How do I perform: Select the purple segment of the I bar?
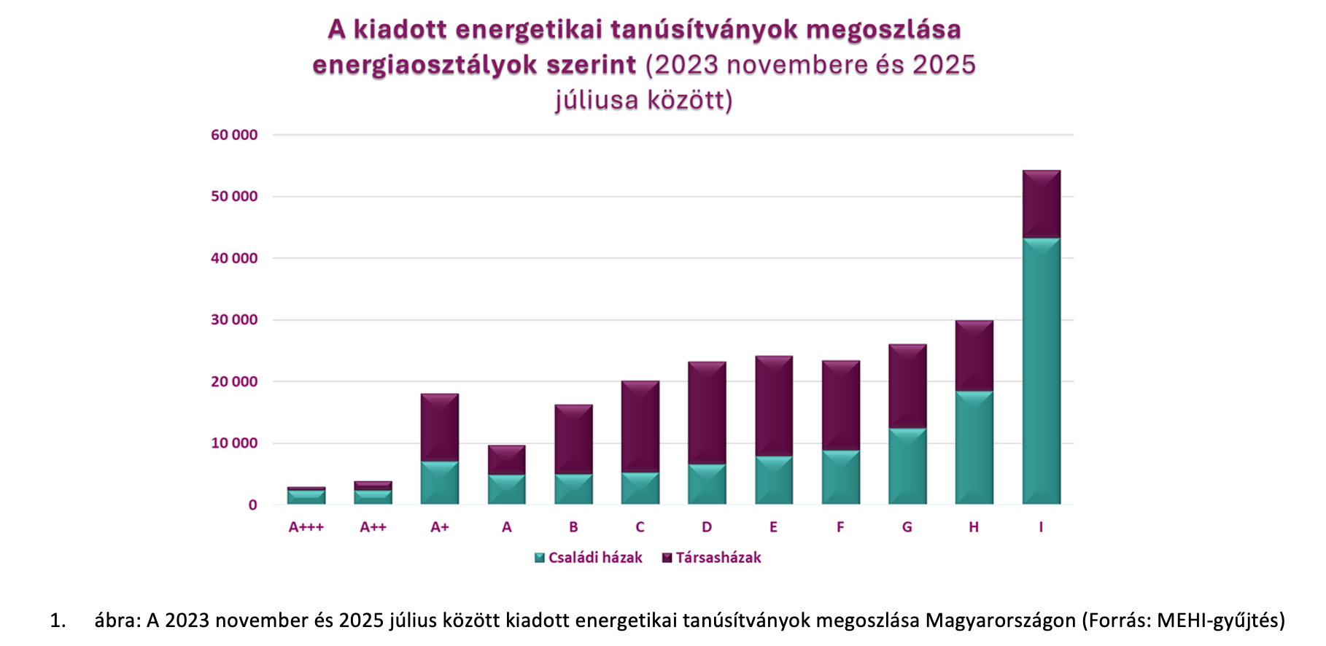[x=1041, y=204]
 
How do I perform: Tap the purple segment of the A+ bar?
[x=440, y=427]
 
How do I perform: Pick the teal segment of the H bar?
[x=974, y=448]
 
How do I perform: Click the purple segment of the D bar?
[x=707, y=413]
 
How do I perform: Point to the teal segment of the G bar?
[x=907, y=466]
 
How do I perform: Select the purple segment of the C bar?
[x=640, y=427]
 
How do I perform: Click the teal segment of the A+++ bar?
[x=306, y=497]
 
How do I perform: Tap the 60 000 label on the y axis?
[x=234, y=135]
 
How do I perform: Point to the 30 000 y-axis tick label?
[x=234, y=320]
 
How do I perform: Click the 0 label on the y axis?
[x=252, y=505]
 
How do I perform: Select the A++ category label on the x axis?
[x=373, y=527]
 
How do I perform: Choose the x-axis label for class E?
[x=773, y=527]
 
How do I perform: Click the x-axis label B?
[x=573, y=527]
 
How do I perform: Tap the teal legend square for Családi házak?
[x=540, y=558]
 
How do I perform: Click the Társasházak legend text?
[x=718, y=558]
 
